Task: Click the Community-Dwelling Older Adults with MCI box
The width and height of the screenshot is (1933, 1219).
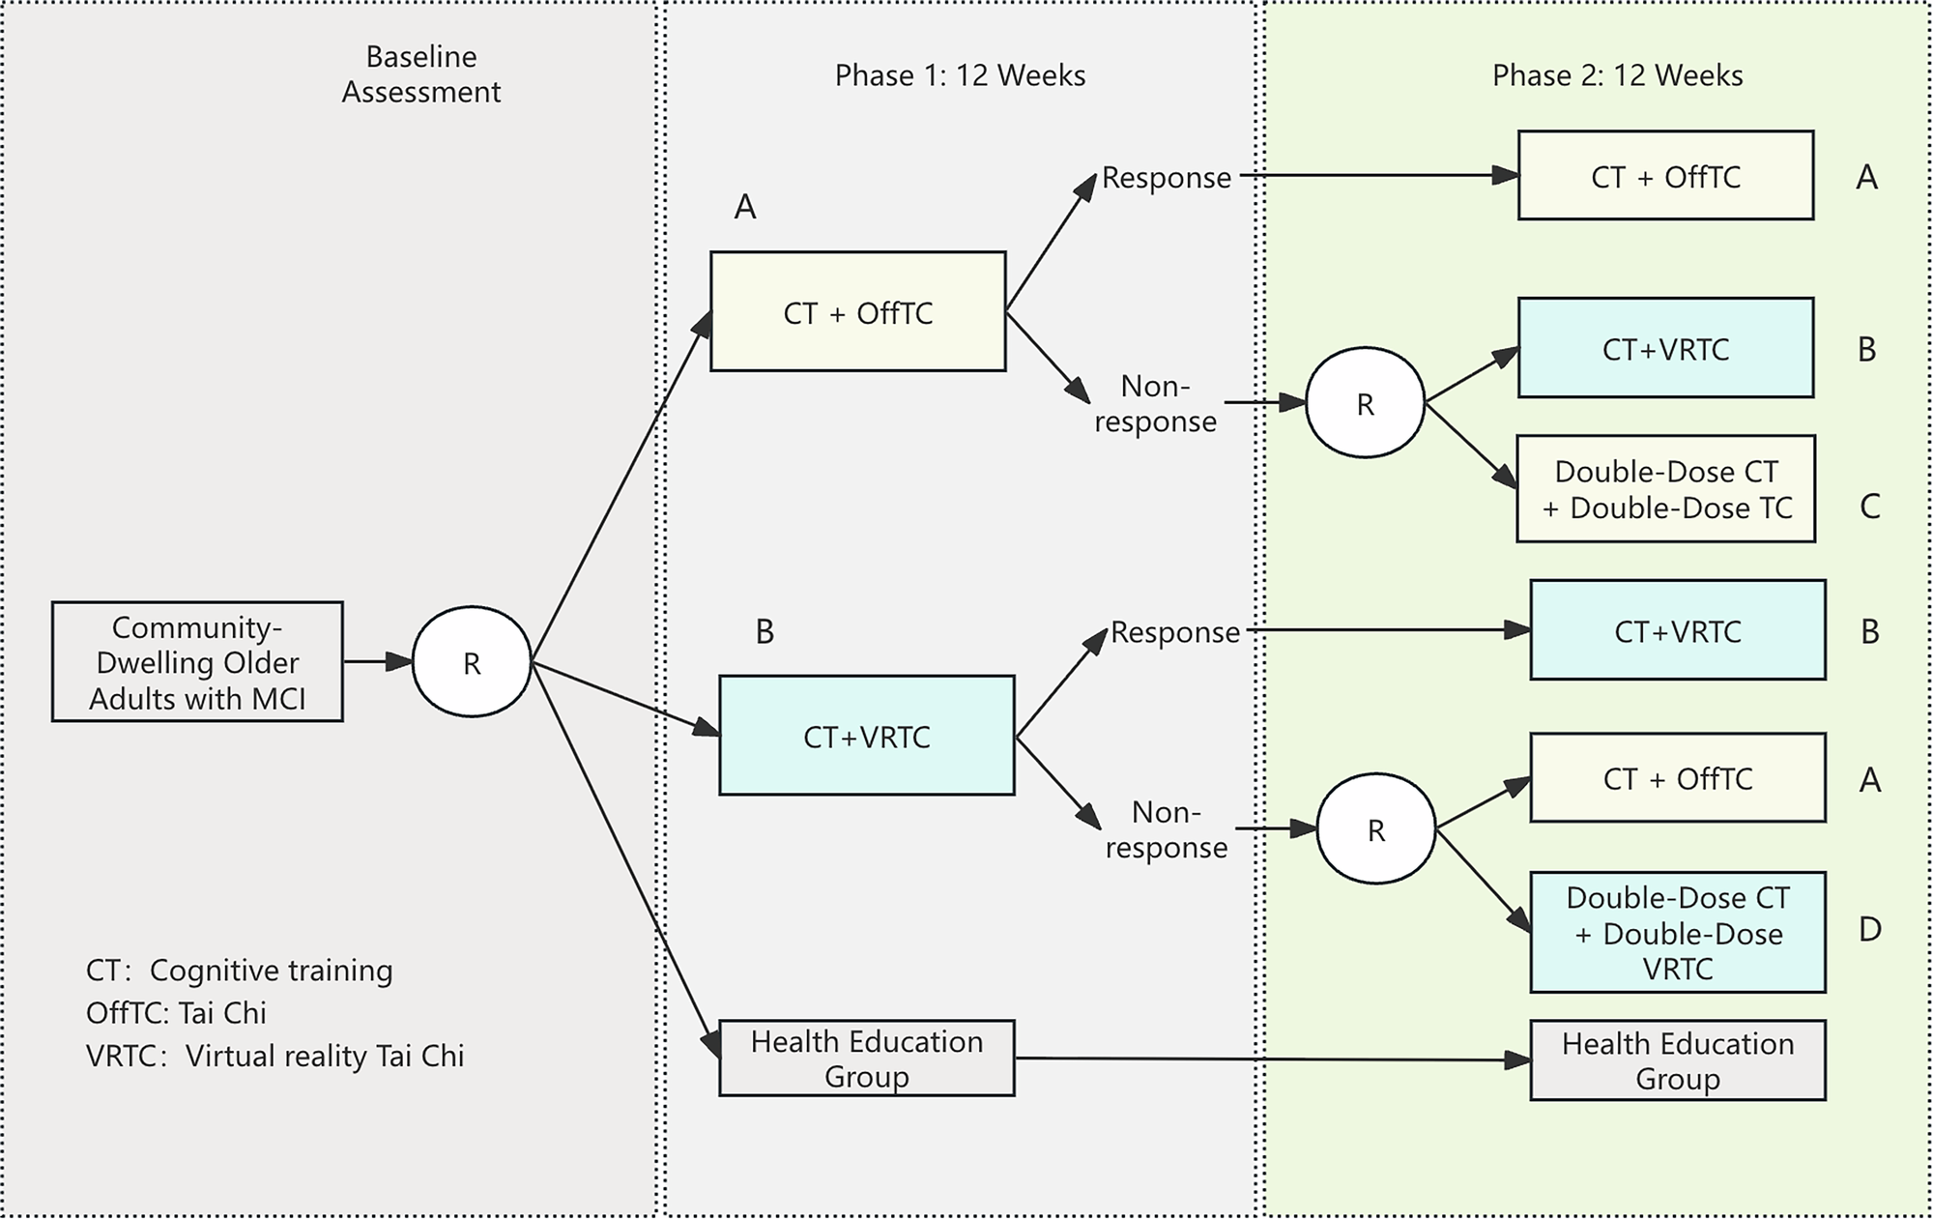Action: (x=197, y=662)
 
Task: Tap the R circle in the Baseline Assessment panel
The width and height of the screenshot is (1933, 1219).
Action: (x=472, y=662)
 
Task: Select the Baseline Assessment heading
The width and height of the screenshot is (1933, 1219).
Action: (x=421, y=74)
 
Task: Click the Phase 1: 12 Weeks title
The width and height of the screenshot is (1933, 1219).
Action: (x=960, y=75)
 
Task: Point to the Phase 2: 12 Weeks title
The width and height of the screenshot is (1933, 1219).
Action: (x=1617, y=75)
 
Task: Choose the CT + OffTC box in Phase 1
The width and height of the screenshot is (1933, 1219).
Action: (x=858, y=312)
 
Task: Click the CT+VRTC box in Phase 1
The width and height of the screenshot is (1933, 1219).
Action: (x=867, y=737)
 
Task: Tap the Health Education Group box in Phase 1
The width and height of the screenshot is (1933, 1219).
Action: (x=867, y=1059)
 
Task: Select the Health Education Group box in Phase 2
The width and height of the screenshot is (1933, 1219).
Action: (x=1678, y=1060)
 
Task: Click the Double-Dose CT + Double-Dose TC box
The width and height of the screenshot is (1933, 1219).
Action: (x=1665, y=489)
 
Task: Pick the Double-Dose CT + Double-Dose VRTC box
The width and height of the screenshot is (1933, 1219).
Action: (x=1678, y=933)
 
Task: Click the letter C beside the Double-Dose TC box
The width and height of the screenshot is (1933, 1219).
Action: (x=1869, y=507)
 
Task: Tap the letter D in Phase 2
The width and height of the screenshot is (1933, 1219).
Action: (x=1869, y=930)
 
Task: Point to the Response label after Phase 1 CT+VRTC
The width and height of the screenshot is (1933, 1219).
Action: (x=1174, y=632)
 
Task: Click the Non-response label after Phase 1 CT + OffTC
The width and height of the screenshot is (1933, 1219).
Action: (x=1155, y=404)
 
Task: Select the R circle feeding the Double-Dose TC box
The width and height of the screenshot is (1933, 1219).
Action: (x=1365, y=403)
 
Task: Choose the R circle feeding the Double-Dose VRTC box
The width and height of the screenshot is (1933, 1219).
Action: (x=1376, y=829)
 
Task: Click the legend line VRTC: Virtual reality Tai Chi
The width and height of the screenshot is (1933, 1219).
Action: (x=274, y=1056)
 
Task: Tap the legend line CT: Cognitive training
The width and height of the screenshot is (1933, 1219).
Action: (x=239, y=971)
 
